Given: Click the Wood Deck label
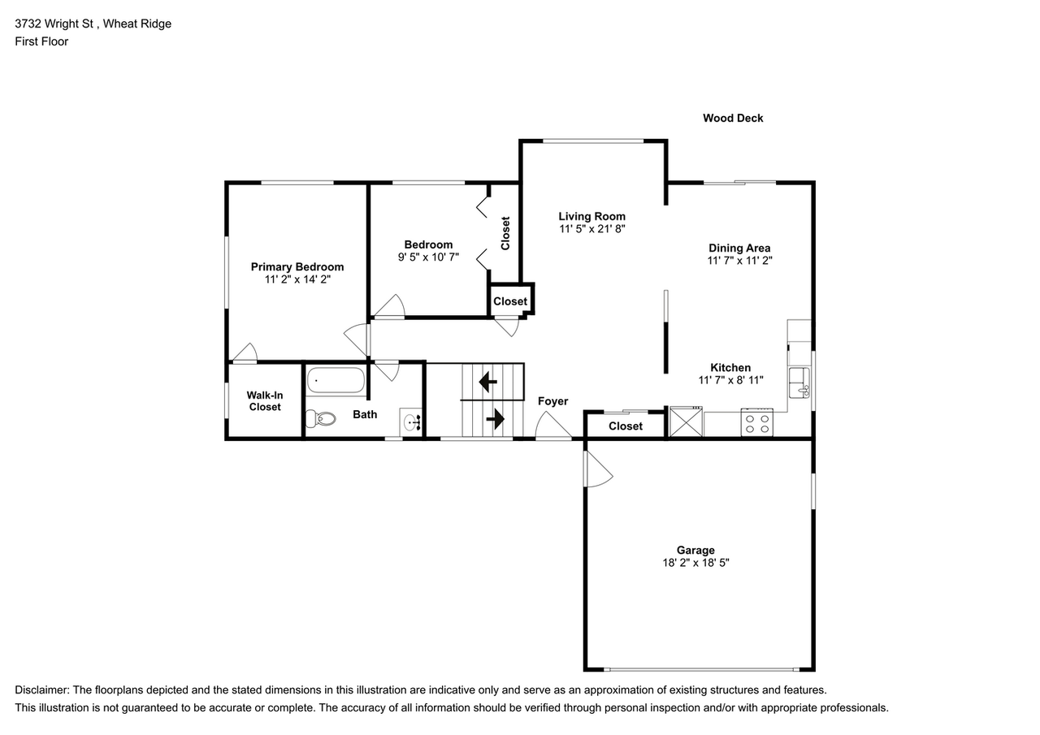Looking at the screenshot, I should tap(733, 118).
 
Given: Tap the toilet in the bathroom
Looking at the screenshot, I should tap(321, 419).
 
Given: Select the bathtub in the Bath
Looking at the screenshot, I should tap(336, 380).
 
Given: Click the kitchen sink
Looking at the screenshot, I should tap(799, 383).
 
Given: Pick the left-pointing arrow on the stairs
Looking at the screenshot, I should tap(488, 380).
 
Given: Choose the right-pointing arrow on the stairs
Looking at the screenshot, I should tap(495, 419).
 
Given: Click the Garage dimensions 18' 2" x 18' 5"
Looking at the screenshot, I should tap(695, 563).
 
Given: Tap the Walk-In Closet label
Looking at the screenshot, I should tap(265, 401).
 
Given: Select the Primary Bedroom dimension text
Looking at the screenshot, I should tap(297, 279).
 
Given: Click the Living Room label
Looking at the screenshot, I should tap(591, 216).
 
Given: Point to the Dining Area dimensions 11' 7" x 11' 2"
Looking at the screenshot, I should tap(739, 261).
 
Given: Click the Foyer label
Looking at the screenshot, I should tap(552, 401).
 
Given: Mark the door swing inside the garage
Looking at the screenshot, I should tap(598, 471).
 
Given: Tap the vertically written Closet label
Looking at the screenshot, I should tap(505, 232).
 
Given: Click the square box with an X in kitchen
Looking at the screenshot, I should tap(685, 422).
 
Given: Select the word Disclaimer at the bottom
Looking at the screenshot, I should tap(41, 690).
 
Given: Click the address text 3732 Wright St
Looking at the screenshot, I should tap(55, 24).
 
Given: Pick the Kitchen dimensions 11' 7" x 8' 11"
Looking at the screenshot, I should tap(730, 380).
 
